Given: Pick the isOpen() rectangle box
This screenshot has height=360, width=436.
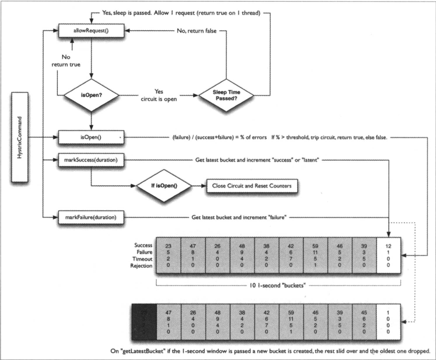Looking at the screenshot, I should [x=91, y=138].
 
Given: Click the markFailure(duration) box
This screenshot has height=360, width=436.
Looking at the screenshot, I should [x=91, y=217].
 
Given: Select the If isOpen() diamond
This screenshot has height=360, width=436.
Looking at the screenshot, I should [x=165, y=186].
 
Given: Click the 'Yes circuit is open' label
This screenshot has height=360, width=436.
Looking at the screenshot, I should [x=159, y=95].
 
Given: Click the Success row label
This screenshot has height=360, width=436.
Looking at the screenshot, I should [x=143, y=245].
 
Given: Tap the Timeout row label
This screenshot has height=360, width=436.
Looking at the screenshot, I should [x=143, y=259].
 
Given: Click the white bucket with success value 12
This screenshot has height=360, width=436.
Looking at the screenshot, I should [x=388, y=255].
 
